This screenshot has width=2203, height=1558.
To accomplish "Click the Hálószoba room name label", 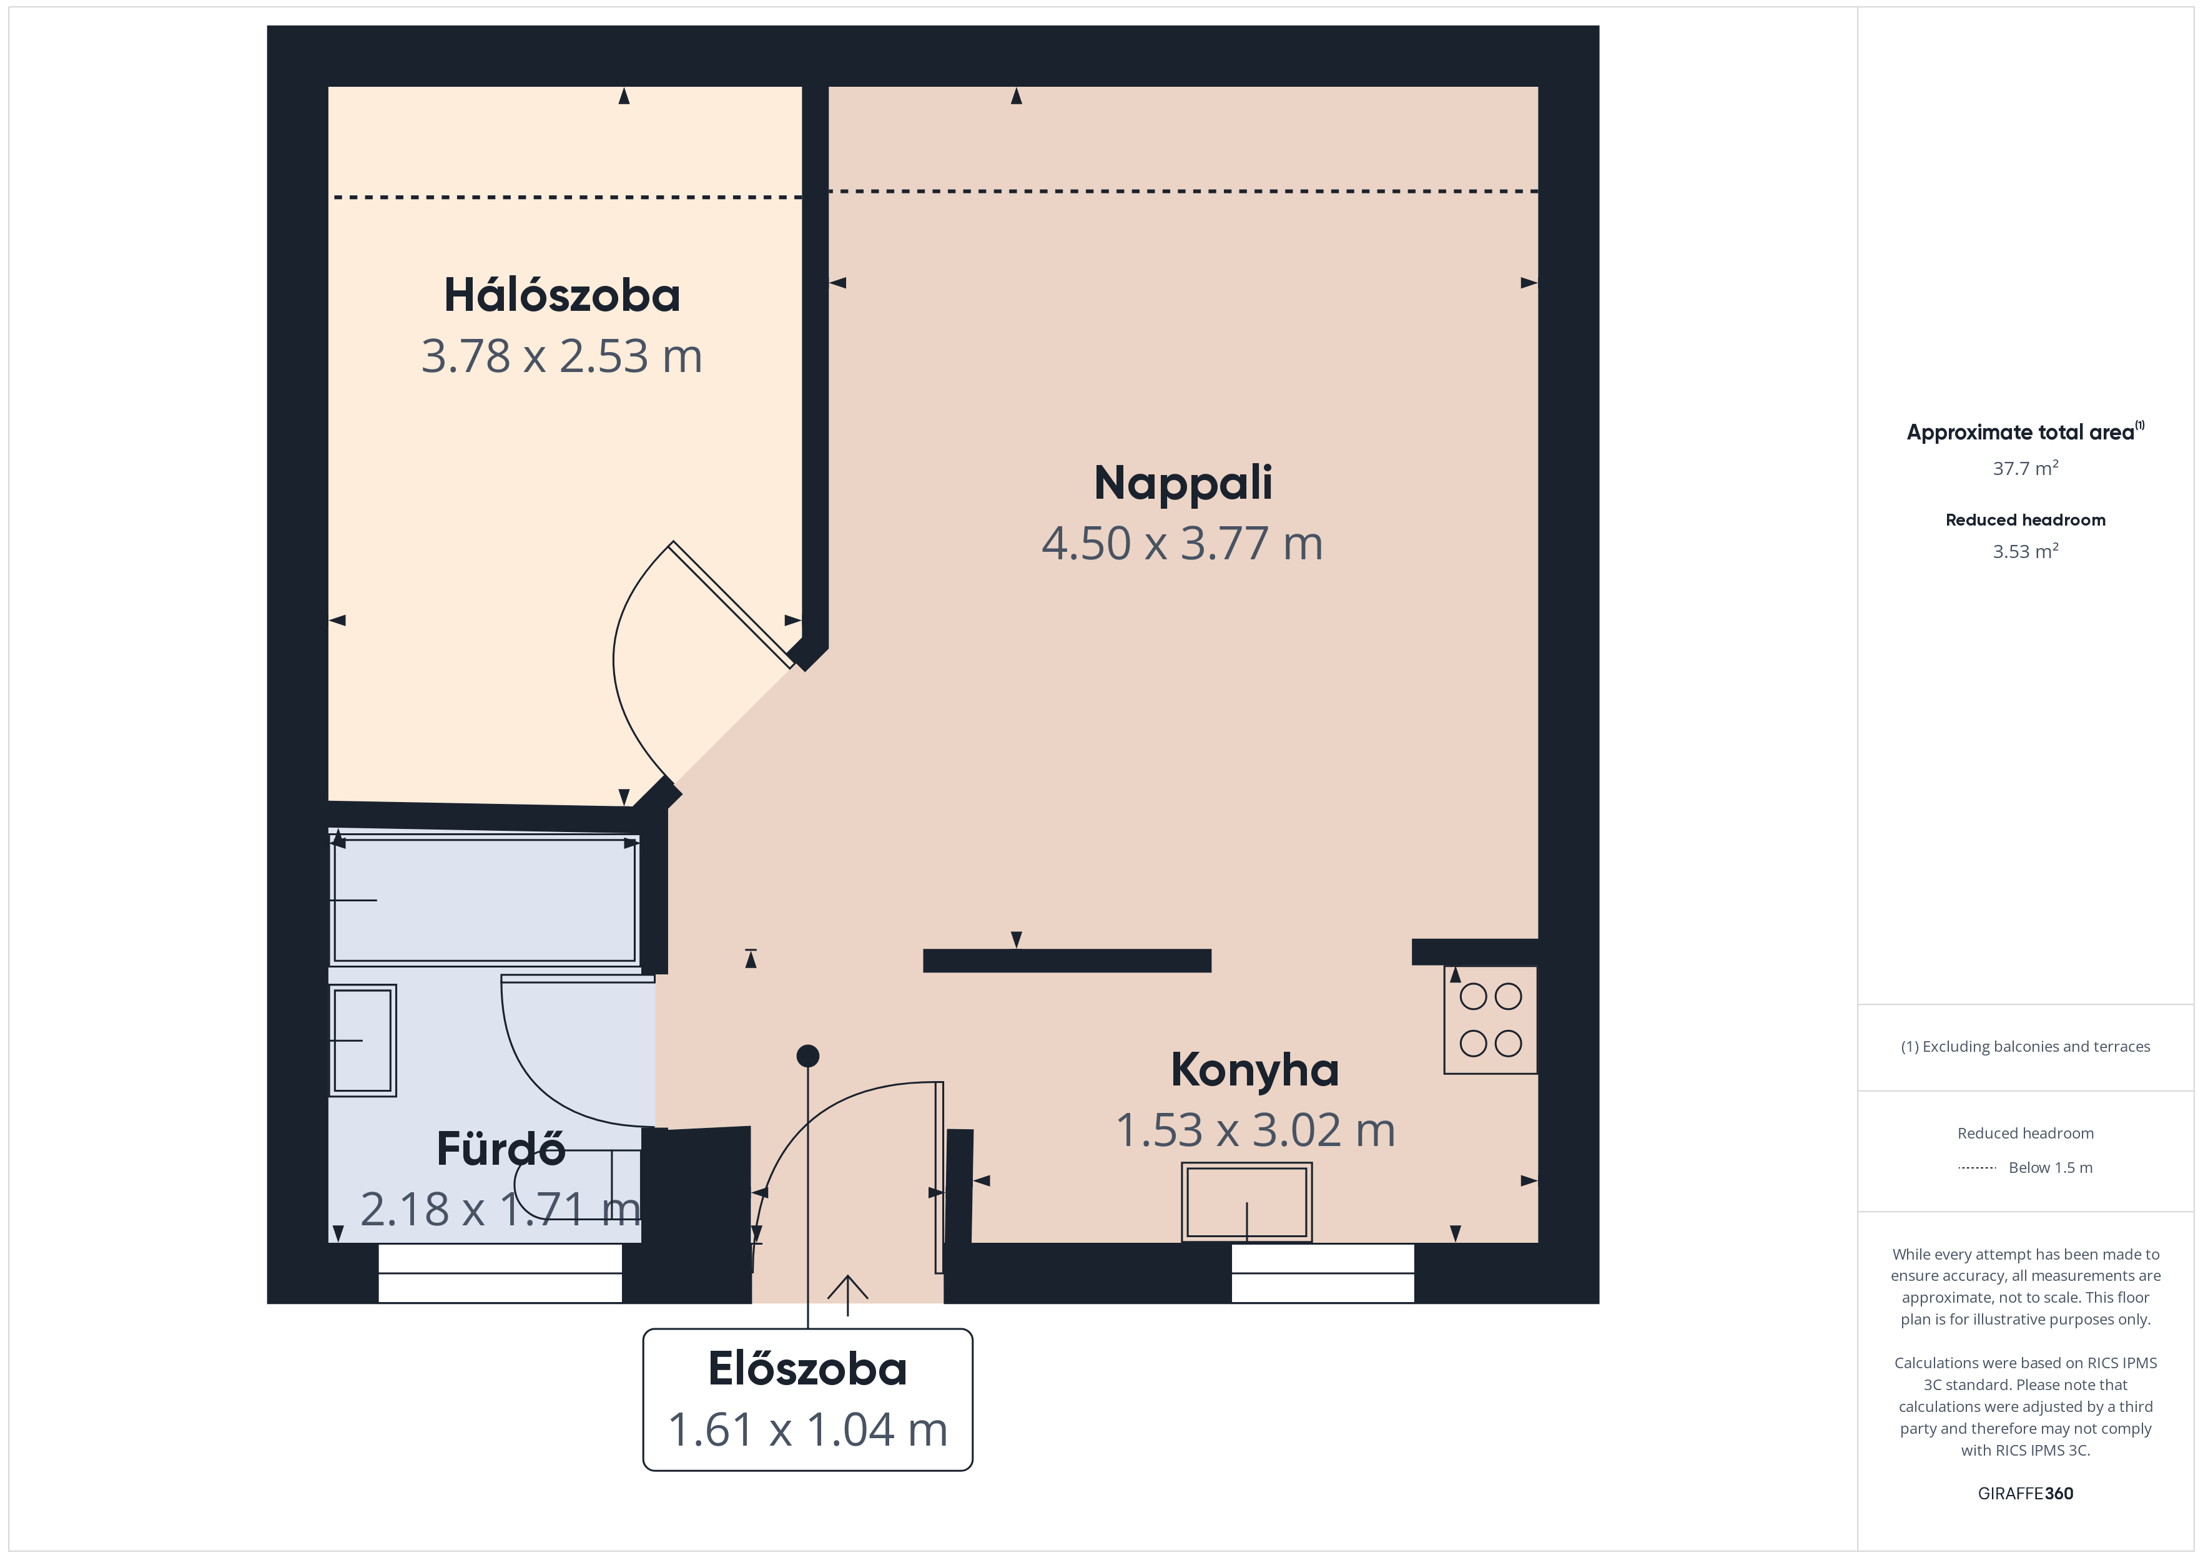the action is tap(561, 295).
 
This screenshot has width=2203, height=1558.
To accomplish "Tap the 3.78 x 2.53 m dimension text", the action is tap(561, 356).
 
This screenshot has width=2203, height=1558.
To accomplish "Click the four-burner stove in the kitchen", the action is tap(1490, 1020).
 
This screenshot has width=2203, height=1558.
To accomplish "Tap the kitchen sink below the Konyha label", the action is tap(1246, 1202).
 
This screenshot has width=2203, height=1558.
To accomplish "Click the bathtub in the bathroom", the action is tap(485, 900).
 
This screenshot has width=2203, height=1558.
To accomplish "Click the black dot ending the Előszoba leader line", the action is tap(808, 1056).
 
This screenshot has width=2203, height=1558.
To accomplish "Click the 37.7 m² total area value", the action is tap(2024, 468).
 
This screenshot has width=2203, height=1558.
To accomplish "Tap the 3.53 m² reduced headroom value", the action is tap(2024, 551).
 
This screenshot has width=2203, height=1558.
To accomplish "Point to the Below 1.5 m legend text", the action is tap(2051, 1167).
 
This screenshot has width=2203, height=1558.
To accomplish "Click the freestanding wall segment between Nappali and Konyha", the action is tap(1067, 960).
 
